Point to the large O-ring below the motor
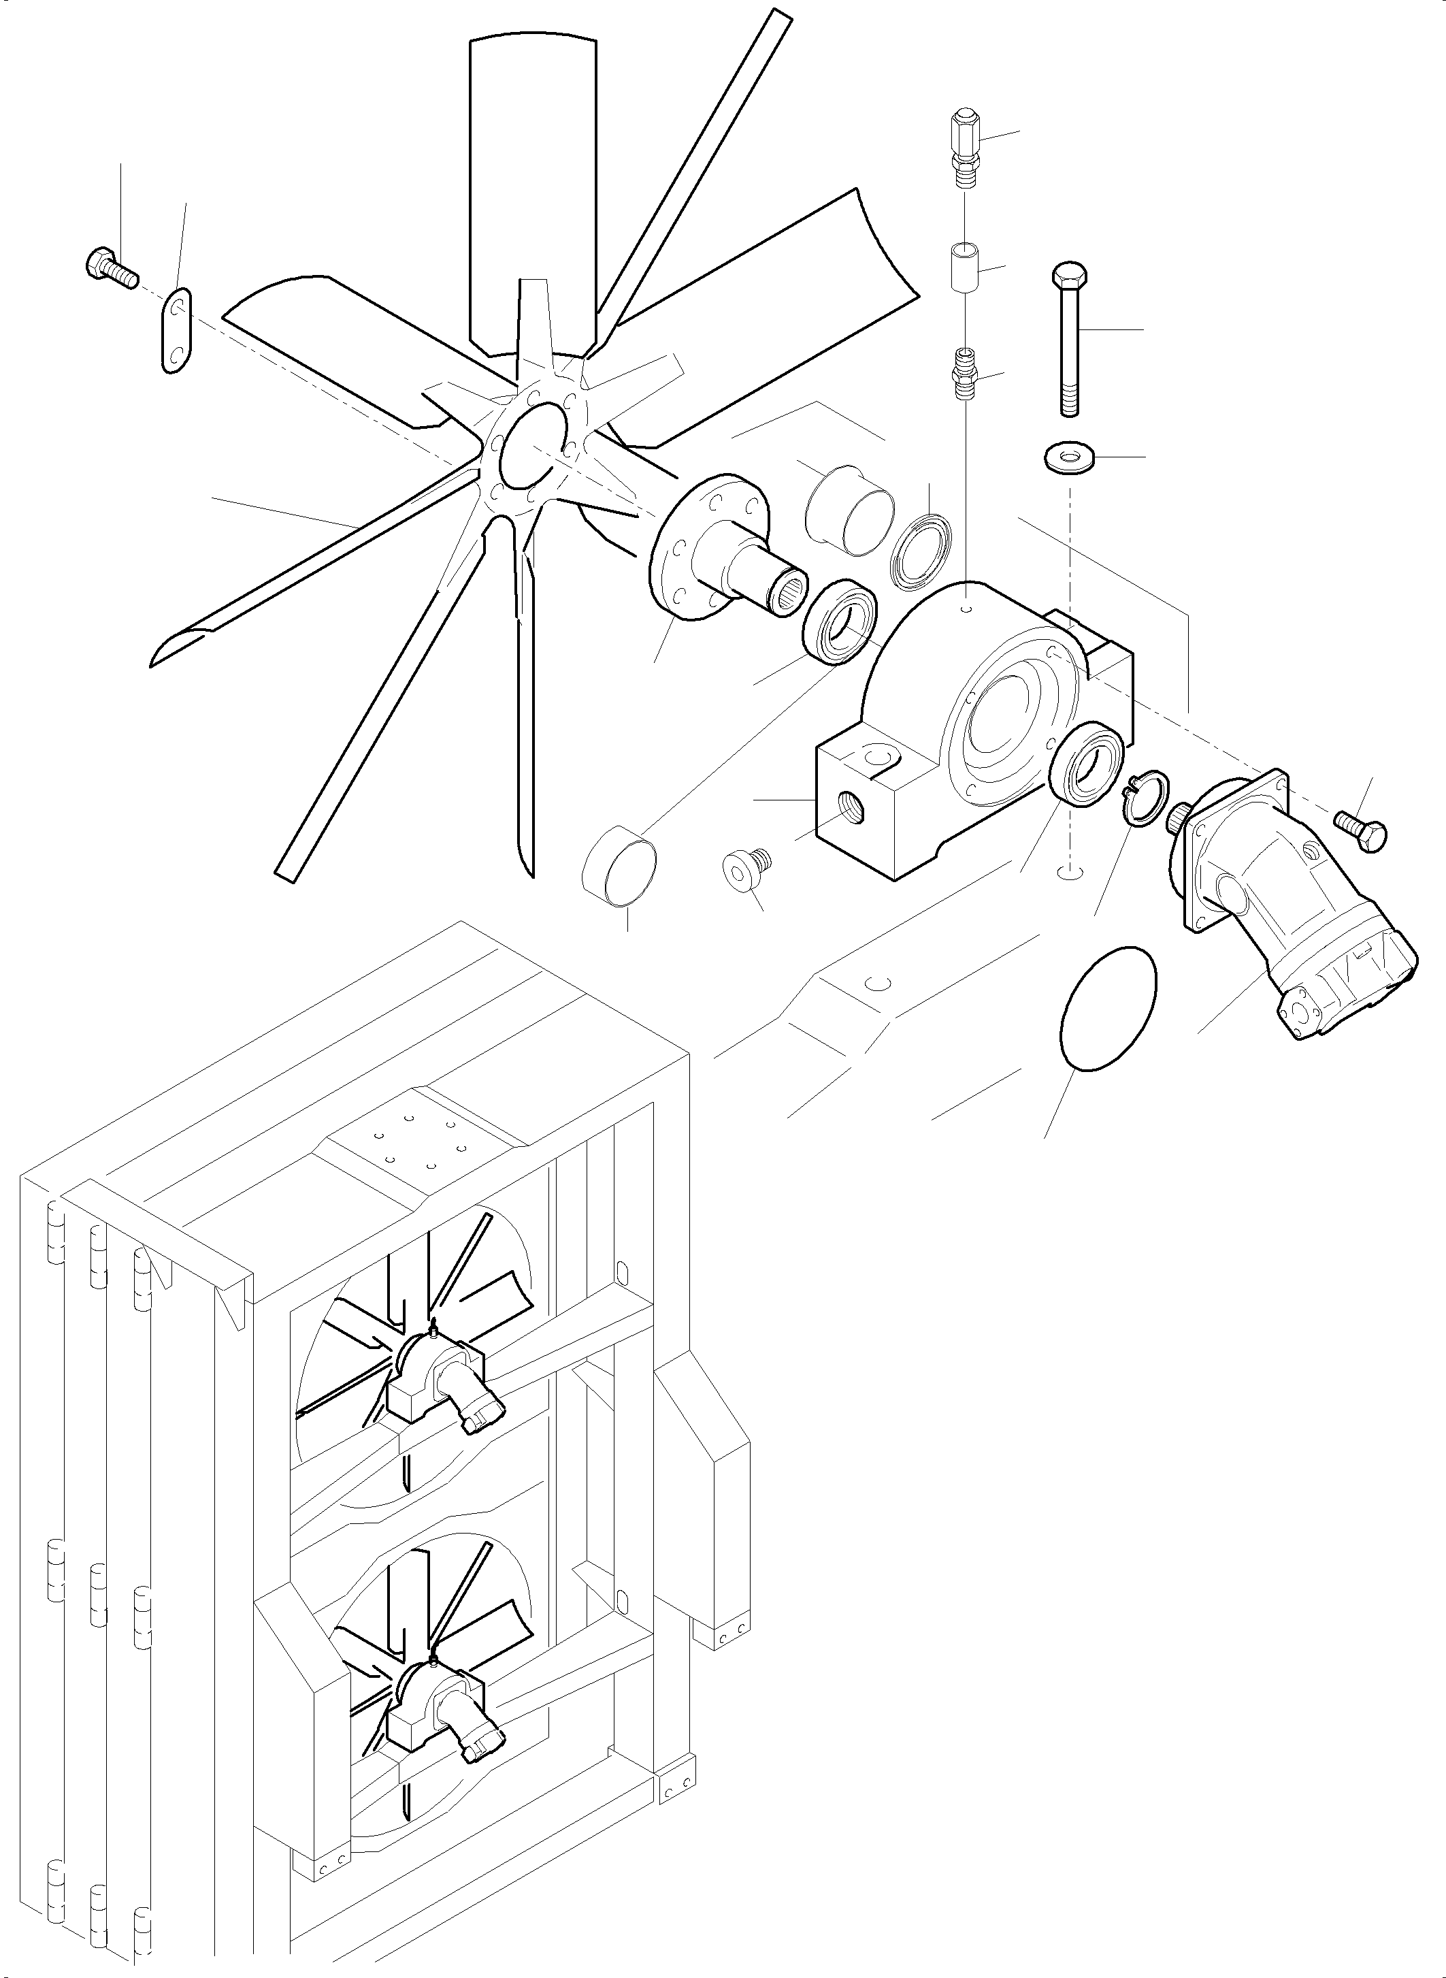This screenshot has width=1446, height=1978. tap(1106, 1008)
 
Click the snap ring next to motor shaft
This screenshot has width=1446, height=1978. tap(1144, 798)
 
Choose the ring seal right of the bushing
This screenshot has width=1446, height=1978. tap(921, 553)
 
